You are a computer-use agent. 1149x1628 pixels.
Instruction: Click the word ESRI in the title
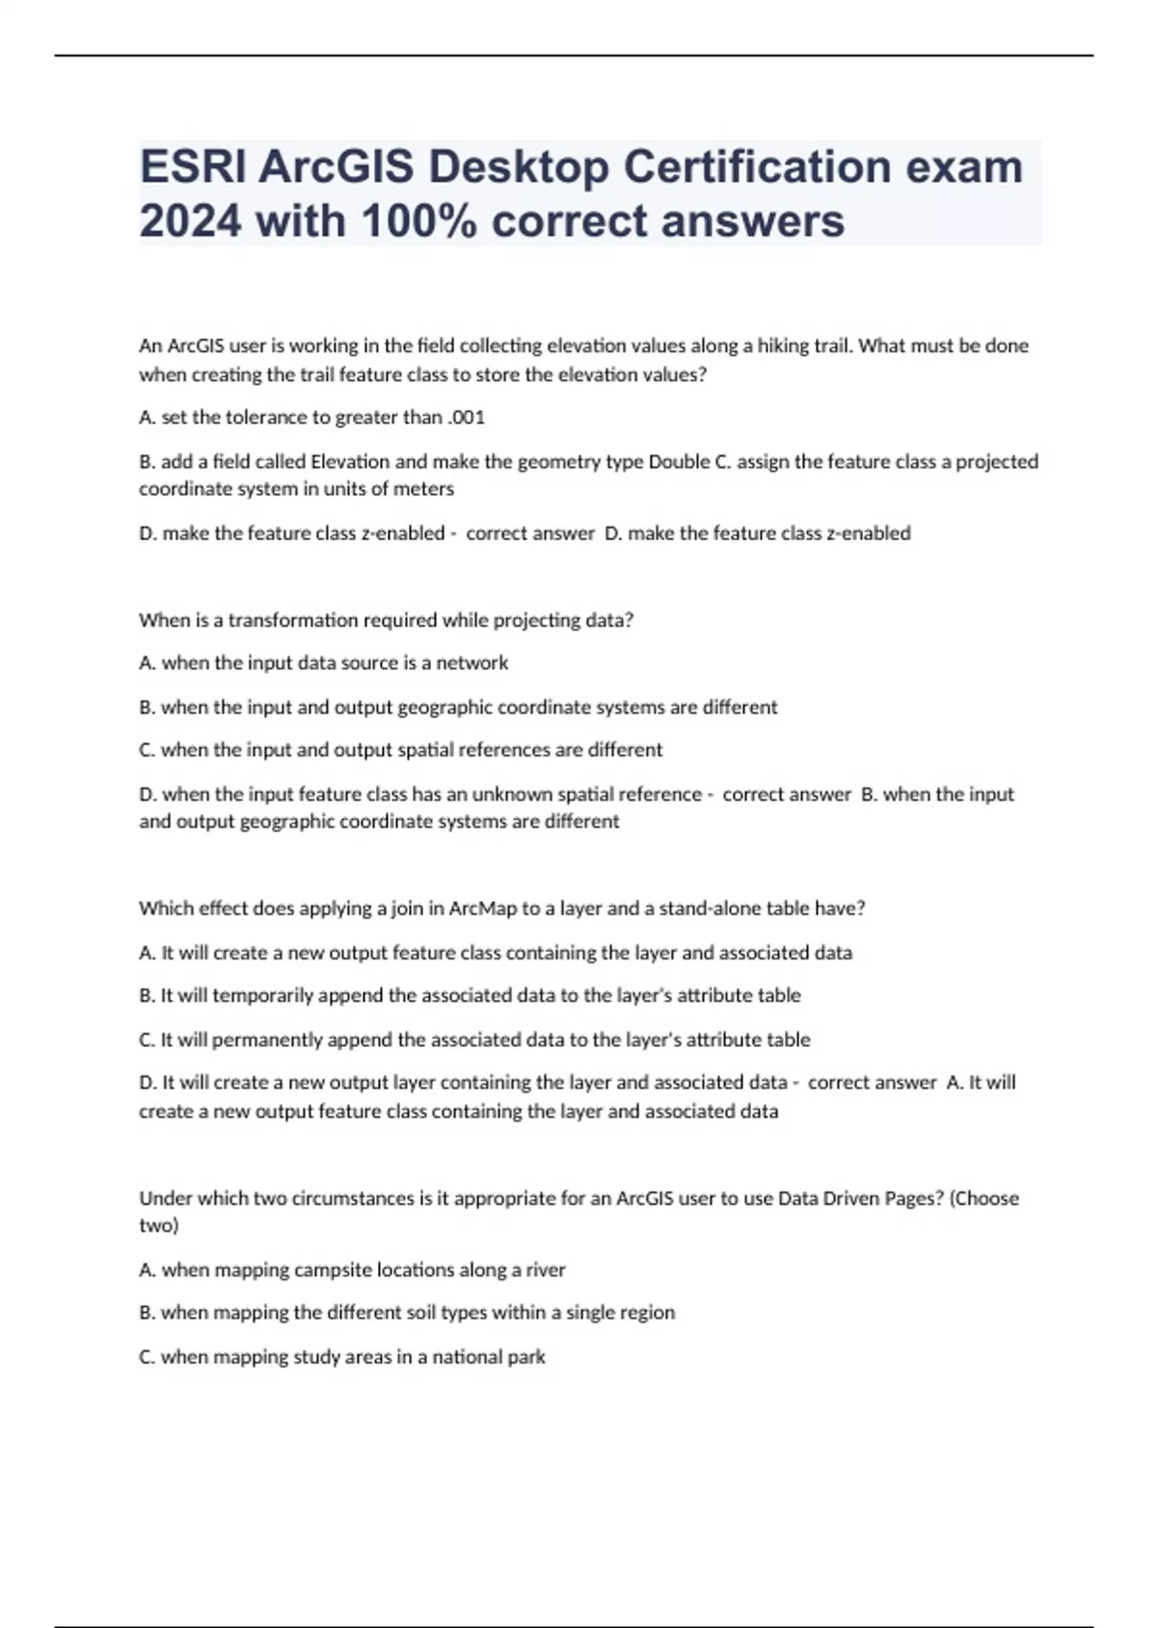191,167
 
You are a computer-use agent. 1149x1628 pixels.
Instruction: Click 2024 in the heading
191,221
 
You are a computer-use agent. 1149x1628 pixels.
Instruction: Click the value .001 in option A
466,418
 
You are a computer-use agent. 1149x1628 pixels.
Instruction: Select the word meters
424,489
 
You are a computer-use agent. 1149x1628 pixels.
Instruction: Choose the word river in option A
545,1270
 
